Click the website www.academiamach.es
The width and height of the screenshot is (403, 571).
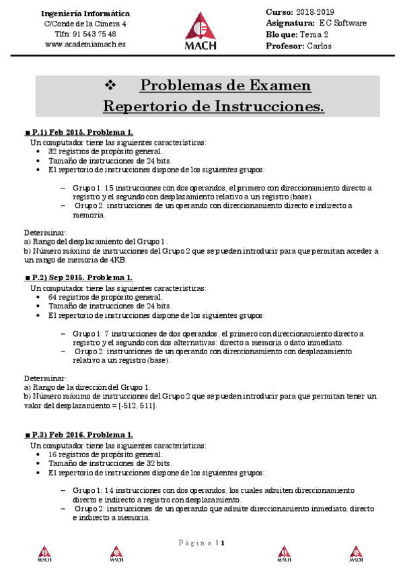coord(85,44)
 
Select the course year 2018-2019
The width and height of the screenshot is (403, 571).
coord(315,13)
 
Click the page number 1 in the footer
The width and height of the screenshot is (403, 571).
coord(223,543)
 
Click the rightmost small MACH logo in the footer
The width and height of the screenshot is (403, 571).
coord(355,553)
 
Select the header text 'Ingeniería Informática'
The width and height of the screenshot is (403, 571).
coord(85,13)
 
